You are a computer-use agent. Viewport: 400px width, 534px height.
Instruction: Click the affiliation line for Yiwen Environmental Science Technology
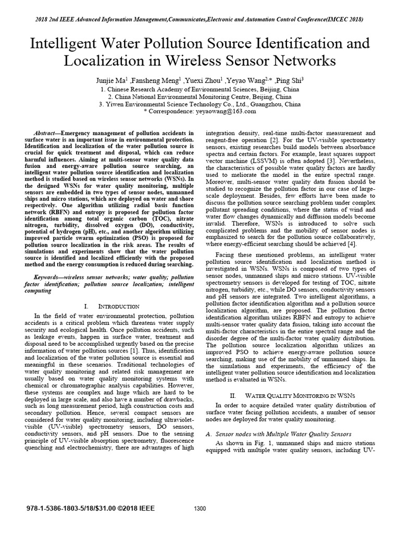(199, 104)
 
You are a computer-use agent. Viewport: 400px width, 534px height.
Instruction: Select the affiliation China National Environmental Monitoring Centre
(199, 96)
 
